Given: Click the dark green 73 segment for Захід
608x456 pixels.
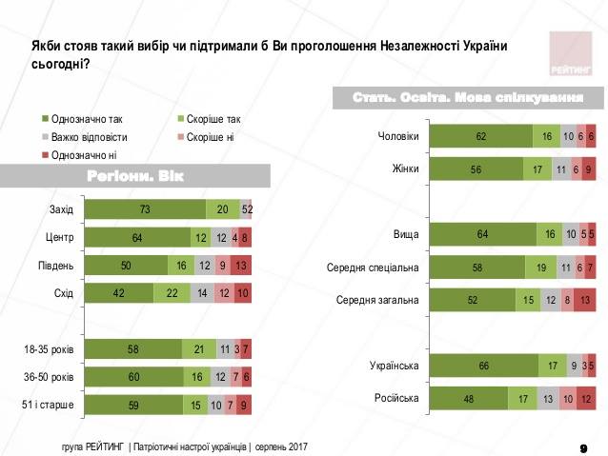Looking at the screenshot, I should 145,210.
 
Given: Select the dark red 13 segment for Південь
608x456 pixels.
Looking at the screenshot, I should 240,266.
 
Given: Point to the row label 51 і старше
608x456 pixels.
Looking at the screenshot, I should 50,406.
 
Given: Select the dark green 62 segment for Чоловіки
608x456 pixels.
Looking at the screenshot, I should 482,137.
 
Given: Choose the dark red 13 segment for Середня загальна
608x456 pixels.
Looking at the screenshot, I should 583,300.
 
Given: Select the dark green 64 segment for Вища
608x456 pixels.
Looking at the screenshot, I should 483,234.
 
